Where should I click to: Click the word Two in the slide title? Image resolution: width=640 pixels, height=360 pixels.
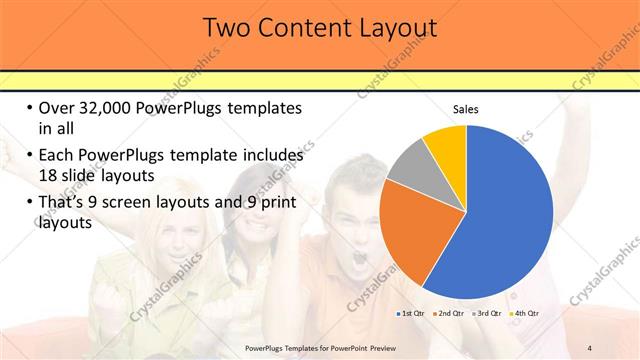227,28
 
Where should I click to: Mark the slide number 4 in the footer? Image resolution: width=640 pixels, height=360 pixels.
590,347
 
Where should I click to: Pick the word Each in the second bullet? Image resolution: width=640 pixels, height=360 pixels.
56,156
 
